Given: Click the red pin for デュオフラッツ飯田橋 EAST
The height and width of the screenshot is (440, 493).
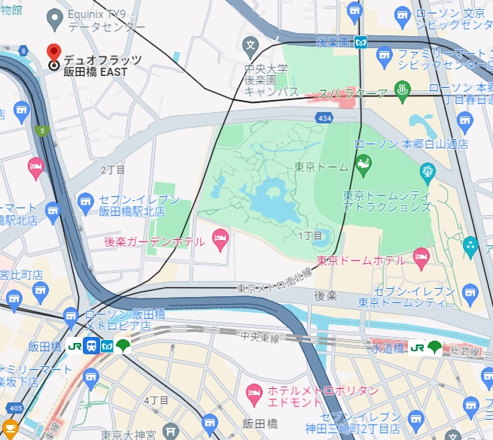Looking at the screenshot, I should coord(53,53).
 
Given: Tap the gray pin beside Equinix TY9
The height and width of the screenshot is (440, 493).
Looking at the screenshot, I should coord(53,17).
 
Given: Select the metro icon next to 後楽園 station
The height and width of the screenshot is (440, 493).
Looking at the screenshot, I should coord(361,41).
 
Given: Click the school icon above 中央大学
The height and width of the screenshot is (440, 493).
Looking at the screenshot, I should coord(251,44).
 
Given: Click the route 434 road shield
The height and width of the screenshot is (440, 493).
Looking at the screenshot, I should coord(324,119).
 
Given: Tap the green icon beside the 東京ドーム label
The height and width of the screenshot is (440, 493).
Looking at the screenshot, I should coord(364,162).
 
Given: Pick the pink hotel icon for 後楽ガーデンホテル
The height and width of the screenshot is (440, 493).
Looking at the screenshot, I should coord(220,241).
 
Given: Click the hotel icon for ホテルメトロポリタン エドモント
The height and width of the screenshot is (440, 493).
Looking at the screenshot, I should coord(254,393).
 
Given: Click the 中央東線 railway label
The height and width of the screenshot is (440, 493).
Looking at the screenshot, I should coord(259,338).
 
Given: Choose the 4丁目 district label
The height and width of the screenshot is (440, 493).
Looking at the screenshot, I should coord(155,399).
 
